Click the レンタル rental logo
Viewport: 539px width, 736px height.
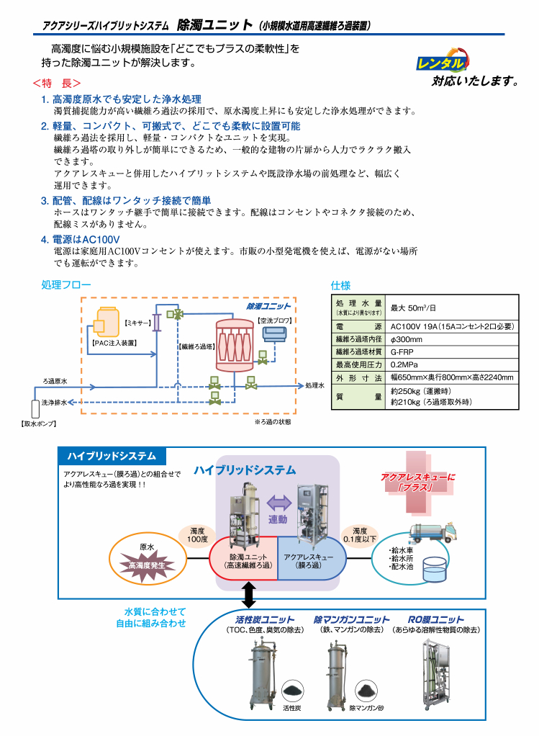[x=442, y=60]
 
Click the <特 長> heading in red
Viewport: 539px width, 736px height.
[x=56, y=83]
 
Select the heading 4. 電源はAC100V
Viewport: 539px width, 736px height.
[x=80, y=239]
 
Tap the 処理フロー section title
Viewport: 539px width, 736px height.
[x=66, y=284]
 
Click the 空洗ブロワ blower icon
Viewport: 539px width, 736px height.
[x=274, y=333]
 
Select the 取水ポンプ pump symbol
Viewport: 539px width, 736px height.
[x=35, y=408]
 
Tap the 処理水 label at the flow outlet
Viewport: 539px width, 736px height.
[x=314, y=385]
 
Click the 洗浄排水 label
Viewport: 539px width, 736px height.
[x=54, y=403]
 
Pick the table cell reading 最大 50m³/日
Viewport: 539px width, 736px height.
[x=413, y=308]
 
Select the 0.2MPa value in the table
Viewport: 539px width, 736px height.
[x=404, y=364]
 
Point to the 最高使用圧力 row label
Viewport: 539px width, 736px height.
[x=359, y=364]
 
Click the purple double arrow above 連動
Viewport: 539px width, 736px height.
[x=279, y=503]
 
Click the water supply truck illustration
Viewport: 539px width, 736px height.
[x=433, y=531]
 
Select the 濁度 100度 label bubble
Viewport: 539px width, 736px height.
[x=197, y=535]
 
